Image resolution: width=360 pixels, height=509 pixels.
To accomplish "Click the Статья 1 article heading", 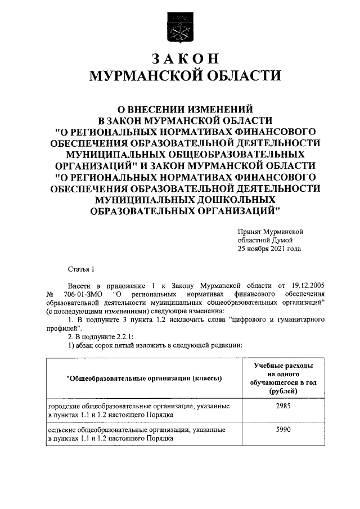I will click(x=82, y=270).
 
